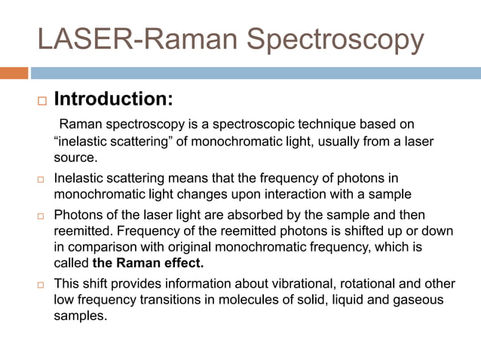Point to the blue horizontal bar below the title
click(256, 73)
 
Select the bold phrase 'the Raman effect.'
click(148, 264)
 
